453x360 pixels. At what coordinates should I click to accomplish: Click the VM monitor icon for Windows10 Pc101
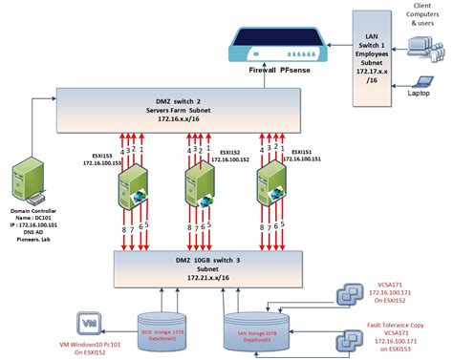(88, 322)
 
